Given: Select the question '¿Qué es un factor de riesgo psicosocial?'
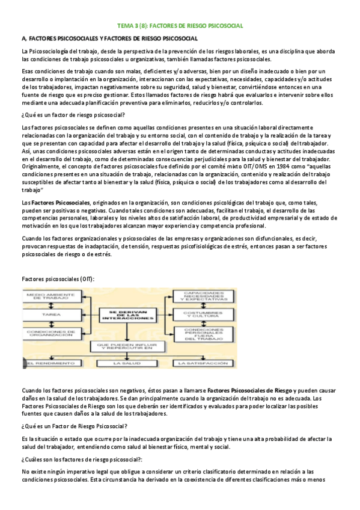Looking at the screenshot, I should click(x=73, y=114).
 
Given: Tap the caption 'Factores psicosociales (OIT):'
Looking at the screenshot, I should click(x=58, y=279).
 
